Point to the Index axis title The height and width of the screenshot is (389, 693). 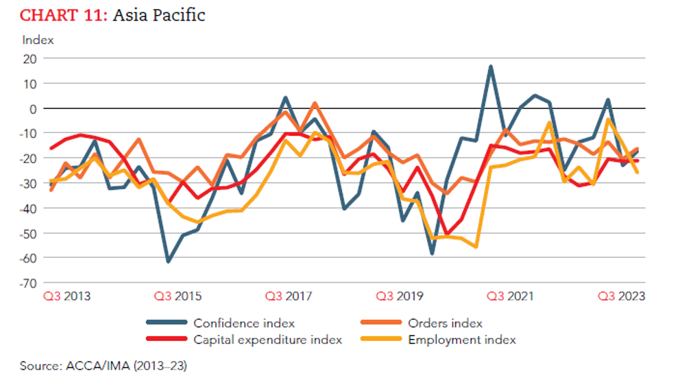coord(38,40)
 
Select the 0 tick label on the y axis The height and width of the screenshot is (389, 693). coord(32,108)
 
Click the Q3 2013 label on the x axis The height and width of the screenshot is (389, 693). coord(67,297)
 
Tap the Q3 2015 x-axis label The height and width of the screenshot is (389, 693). coord(178,297)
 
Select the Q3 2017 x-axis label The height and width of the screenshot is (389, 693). coord(289,297)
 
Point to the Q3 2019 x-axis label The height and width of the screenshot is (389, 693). coord(400,297)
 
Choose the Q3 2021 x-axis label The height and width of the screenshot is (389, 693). coord(510,297)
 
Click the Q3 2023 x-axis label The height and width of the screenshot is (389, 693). coord(621,297)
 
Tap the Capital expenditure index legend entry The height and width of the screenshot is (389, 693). coord(267,340)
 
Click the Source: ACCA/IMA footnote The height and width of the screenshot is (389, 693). coord(103,366)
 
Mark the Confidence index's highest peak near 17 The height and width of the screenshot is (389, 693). coord(491,67)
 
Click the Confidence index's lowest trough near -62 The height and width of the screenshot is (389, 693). coord(168,261)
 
